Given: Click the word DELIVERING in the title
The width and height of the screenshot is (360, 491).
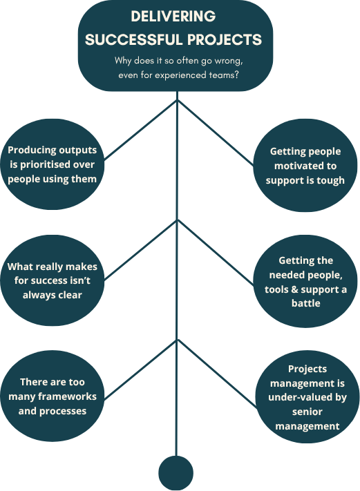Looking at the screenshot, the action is click(173, 16).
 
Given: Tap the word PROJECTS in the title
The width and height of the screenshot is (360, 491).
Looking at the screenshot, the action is click(225, 40).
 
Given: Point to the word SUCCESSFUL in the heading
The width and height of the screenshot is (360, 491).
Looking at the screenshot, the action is click(134, 40).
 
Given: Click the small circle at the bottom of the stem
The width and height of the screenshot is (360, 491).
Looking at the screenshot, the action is click(176, 473).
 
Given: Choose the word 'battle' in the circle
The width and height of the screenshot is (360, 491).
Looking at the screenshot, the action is click(306, 303).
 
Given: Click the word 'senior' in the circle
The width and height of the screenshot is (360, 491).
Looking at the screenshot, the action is click(307, 412).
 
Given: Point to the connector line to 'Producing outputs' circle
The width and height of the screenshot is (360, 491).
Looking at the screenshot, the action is click(140, 131).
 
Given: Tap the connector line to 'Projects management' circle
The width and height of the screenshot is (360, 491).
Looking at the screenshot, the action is click(217, 374).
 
